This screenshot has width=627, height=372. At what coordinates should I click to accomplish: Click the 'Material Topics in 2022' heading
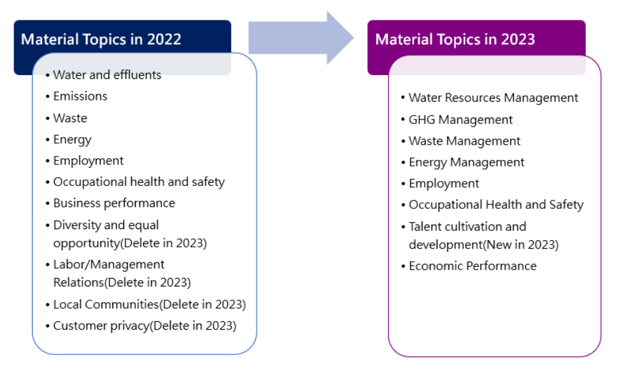pyautogui.click(x=101, y=39)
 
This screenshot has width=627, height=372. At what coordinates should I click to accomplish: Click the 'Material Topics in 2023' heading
pyautogui.click(x=455, y=39)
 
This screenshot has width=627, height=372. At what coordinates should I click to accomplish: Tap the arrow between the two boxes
pyautogui.click(x=301, y=38)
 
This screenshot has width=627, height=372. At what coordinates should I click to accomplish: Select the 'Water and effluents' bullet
pyautogui.click(x=107, y=74)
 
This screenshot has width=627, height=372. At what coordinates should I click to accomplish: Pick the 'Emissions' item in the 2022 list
pyautogui.click(x=80, y=97)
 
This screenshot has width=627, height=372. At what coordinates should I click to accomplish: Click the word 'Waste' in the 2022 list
pyautogui.click(x=70, y=118)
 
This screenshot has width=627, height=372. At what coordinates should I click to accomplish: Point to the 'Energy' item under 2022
pyautogui.click(x=72, y=140)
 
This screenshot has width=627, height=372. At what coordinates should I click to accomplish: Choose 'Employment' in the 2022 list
pyautogui.click(x=88, y=161)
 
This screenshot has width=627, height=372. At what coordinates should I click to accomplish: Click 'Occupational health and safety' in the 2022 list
pyautogui.click(x=138, y=182)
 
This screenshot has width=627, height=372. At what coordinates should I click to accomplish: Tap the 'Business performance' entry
pyautogui.click(x=114, y=204)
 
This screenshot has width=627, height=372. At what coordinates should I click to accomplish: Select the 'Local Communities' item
pyautogui.click(x=106, y=305)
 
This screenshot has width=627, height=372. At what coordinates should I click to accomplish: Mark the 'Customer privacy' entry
pyautogui.click(x=101, y=326)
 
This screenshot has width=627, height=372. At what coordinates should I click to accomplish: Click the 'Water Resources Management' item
pyautogui.click(x=494, y=98)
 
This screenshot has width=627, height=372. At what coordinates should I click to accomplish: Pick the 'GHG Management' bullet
pyautogui.click(x=460, y=120)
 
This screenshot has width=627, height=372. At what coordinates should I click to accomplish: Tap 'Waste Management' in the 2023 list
pyautogui.click(x=464, y=141)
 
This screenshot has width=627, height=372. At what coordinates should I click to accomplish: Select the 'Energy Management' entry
pyautogui.click(x=466, y=163)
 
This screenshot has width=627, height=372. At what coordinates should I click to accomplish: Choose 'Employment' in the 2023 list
pyautogui.click(x=444, y=184)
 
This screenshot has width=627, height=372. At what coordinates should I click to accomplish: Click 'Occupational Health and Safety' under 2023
pyautogui.click(x=496, y=205)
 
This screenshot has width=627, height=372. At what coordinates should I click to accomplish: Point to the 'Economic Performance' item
pyautogui.click(x=473, y=266)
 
